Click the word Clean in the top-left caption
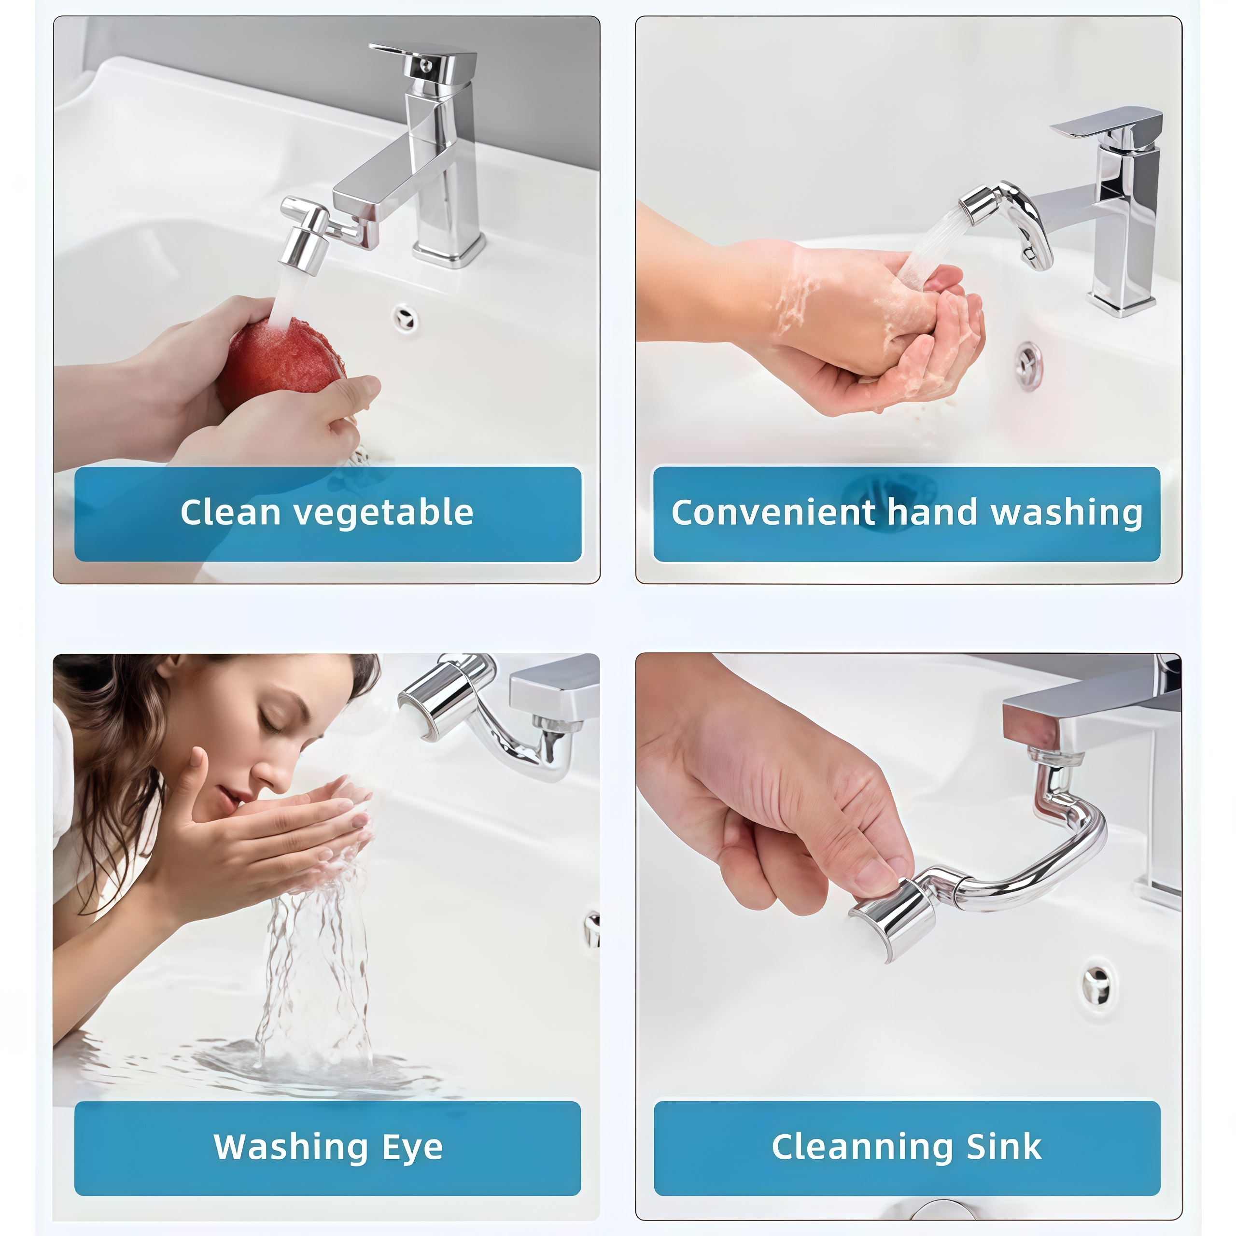pos(230,513)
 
